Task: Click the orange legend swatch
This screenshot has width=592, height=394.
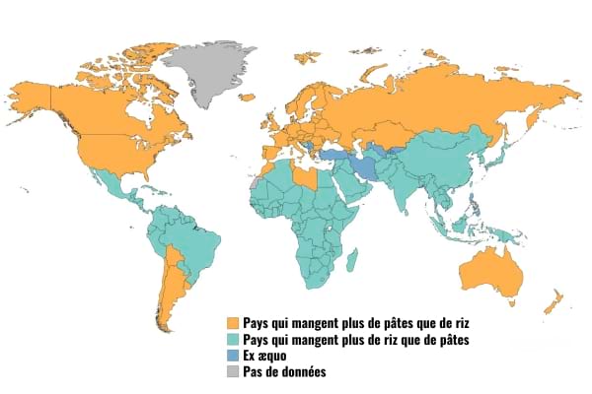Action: [233, 323]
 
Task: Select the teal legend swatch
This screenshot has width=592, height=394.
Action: [233, 340]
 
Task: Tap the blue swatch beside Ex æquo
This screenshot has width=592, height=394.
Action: [233, 356]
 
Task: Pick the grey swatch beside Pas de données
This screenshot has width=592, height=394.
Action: [233, 372]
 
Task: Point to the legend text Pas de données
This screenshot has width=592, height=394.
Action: [284, 372]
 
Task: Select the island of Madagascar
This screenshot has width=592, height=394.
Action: [350, 260]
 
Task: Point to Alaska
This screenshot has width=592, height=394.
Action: [39, 94]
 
